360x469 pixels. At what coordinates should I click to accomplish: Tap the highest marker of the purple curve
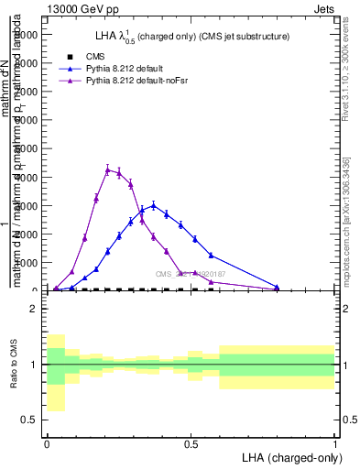(107, 169)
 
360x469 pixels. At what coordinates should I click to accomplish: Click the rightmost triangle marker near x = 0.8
(277, 288)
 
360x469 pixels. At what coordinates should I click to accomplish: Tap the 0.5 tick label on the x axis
(191, 443)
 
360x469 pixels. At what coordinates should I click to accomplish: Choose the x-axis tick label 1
(335, 443)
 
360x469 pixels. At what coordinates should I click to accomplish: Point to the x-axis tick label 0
(47, 443)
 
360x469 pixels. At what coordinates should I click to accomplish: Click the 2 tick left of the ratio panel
(34, 309)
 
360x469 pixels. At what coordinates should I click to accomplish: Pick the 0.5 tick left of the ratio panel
(29, 420)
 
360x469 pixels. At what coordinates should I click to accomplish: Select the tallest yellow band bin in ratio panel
(56, 373)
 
